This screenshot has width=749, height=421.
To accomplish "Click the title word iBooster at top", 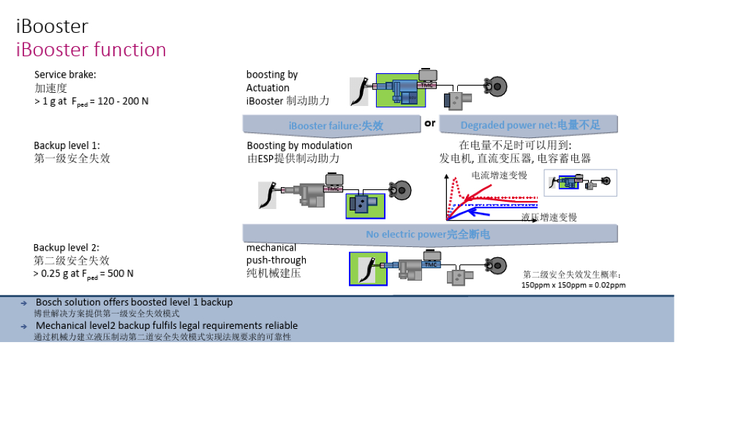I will pos(52,27).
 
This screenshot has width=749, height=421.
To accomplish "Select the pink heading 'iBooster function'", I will pos(91,50).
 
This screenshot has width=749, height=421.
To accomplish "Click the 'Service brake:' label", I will pos(65,75).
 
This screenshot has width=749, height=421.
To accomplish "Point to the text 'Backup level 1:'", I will pos(67,145).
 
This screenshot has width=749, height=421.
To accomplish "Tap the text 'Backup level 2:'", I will pos(66,248).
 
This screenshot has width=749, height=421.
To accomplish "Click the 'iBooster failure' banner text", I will pos(336,126).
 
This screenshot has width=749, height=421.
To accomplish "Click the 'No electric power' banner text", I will pos(428,235).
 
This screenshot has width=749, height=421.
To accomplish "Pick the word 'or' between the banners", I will pos(429,123).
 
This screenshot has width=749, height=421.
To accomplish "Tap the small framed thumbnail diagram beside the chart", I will pos(580,183).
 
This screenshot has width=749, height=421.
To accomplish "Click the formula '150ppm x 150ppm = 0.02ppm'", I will pos(573,285).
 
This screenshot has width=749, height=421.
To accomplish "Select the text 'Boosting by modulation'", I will pos(299,145).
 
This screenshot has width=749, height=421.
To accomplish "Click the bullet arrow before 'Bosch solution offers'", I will pos(23,303).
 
